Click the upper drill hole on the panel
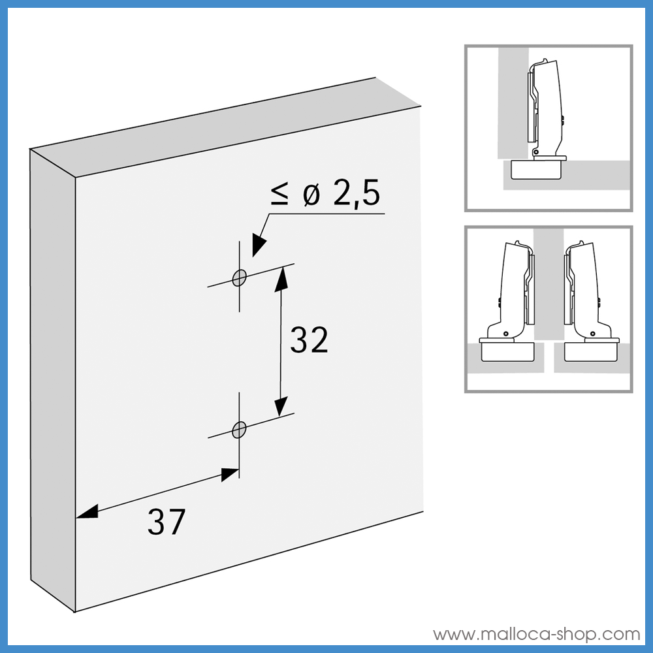click(240, 278)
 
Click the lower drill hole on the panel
click(240, 429)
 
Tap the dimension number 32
click(309, 340)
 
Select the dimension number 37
click(167, 522)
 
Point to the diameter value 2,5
click(356, 195)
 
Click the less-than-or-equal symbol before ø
click(279, 195)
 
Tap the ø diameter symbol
click(311, 195)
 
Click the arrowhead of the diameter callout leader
click(260, 244)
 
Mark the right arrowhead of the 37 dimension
click(229, 474)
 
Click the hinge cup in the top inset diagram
click(535, 169)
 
